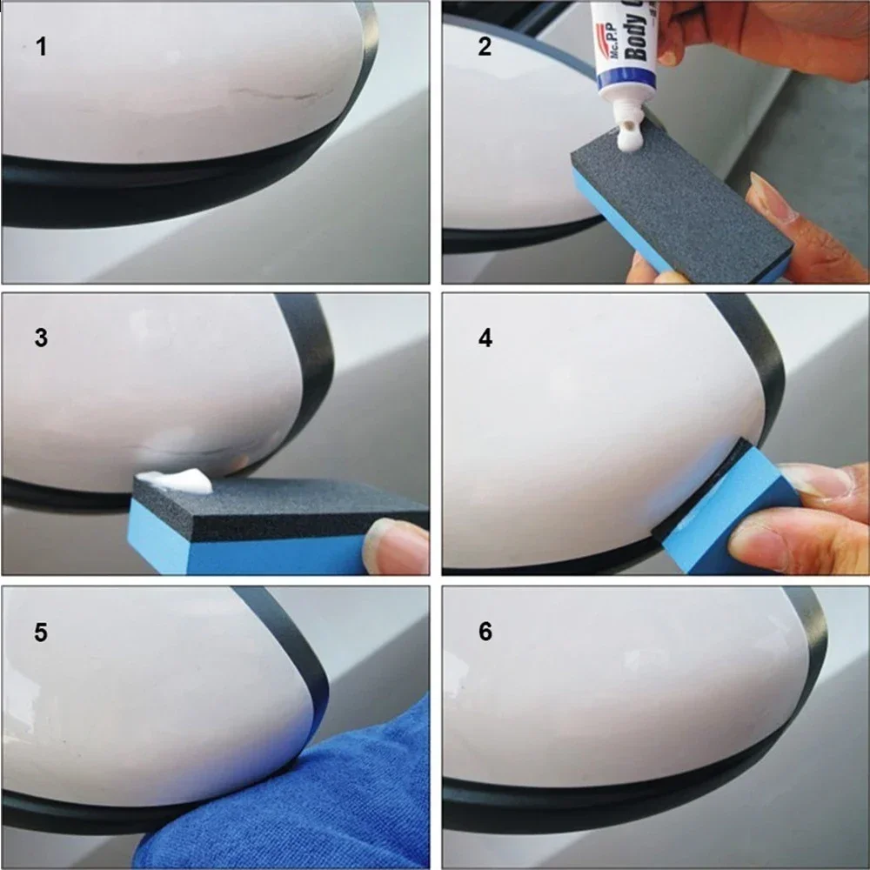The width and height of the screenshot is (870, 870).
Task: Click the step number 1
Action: tap(41, 47)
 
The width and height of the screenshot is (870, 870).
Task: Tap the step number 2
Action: tap(485, 47)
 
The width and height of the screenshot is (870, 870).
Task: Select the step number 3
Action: tap(41, 338)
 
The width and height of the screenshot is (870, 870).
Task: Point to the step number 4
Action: tap(485, 338)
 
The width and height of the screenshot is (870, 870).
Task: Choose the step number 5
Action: tap(41, 632)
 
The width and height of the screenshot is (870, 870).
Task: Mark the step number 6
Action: tap(485, 632)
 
